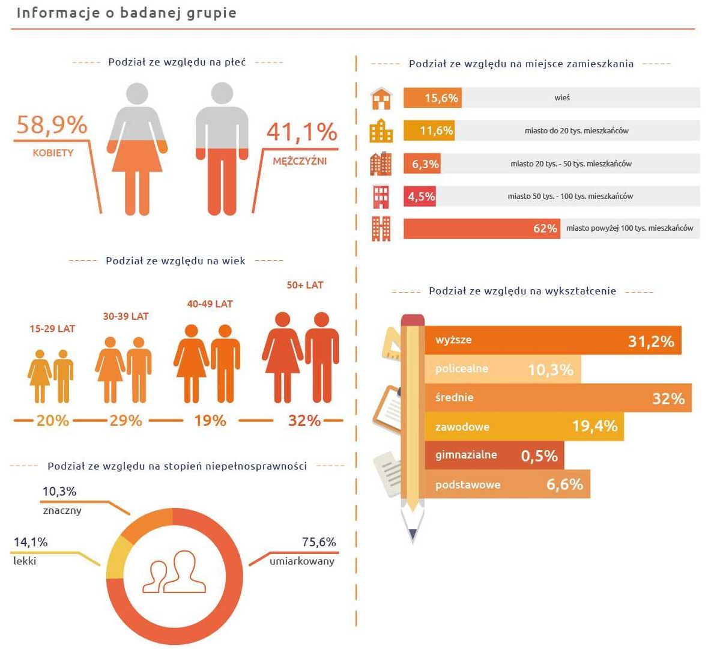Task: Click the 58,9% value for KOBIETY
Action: click(52, 125)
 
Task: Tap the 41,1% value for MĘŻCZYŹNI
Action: click(301, 132)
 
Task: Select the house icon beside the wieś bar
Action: click(381, 98)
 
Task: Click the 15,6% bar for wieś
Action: click(432, 98)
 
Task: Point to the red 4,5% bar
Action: click(420, 197)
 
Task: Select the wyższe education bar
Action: click(552, 340)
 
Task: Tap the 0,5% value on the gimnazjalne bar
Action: click(539, 456)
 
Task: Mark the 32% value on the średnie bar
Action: click(668, 398)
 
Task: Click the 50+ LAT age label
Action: click(305, 285)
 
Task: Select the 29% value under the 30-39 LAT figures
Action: click(126, 421)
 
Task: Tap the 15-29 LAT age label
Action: click(53, 329)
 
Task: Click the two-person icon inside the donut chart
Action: click(174, 572)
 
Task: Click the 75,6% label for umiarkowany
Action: click(318, 542)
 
